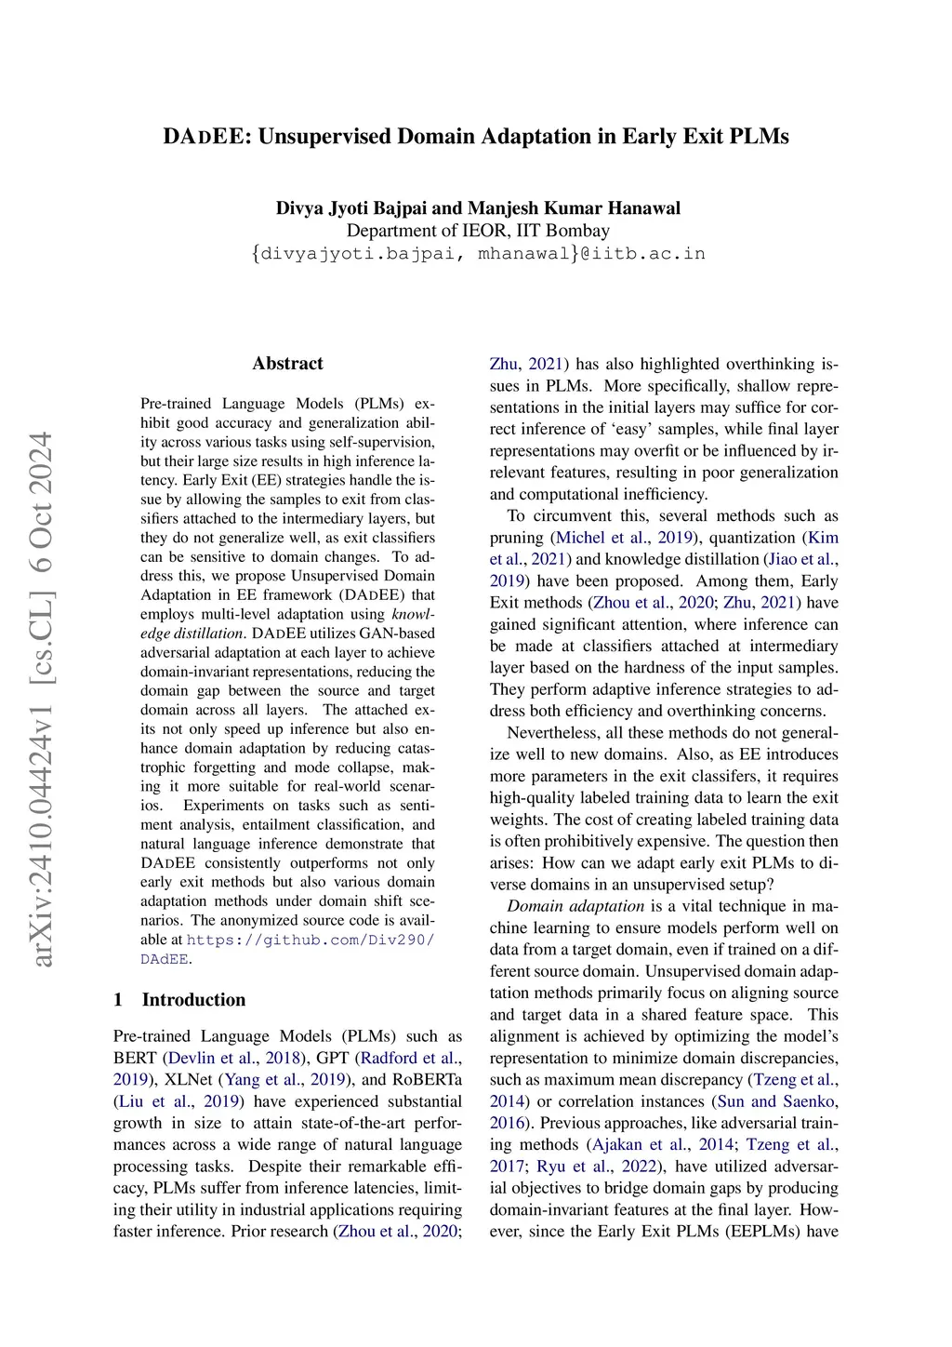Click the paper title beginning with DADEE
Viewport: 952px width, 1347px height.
click(x=475, y=137)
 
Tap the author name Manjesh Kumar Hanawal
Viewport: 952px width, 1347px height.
click(x=574, y=207)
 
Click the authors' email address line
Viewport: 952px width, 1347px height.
click(x=478, y=253)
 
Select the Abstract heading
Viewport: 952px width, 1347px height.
click(x=287, y=364)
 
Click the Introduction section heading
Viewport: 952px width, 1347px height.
click(x=193, y=1000)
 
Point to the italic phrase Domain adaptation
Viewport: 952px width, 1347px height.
click(x=575, y=906)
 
